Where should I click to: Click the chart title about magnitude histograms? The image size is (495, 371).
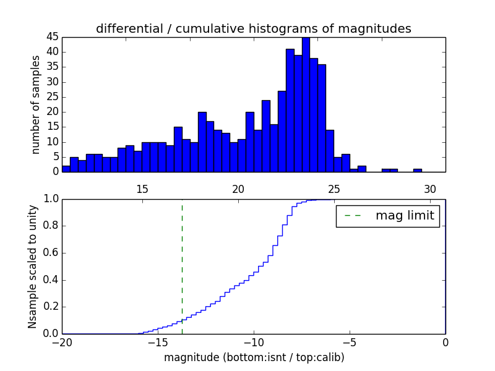click(x=253, y=28)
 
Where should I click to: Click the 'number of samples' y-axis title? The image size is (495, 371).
click(x=36, y=104)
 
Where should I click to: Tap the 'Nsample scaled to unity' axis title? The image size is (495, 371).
click(x=33, y=267)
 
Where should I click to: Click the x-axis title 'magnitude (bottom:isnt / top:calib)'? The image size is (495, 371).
click(x=254, y=357)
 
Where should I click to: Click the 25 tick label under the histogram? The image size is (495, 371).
click(x=334, y=189)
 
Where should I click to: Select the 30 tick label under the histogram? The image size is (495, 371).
click(x=430, y=189)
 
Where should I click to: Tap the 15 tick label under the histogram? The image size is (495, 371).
click(x=142, y=189)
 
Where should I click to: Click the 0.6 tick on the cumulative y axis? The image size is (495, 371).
click(x=50, y=253)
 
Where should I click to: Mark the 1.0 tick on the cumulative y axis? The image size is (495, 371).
click(x=50, y=199)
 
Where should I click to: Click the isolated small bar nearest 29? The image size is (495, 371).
click(x=418, y=170)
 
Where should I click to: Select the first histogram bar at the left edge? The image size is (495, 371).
click(x=66, y=169)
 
